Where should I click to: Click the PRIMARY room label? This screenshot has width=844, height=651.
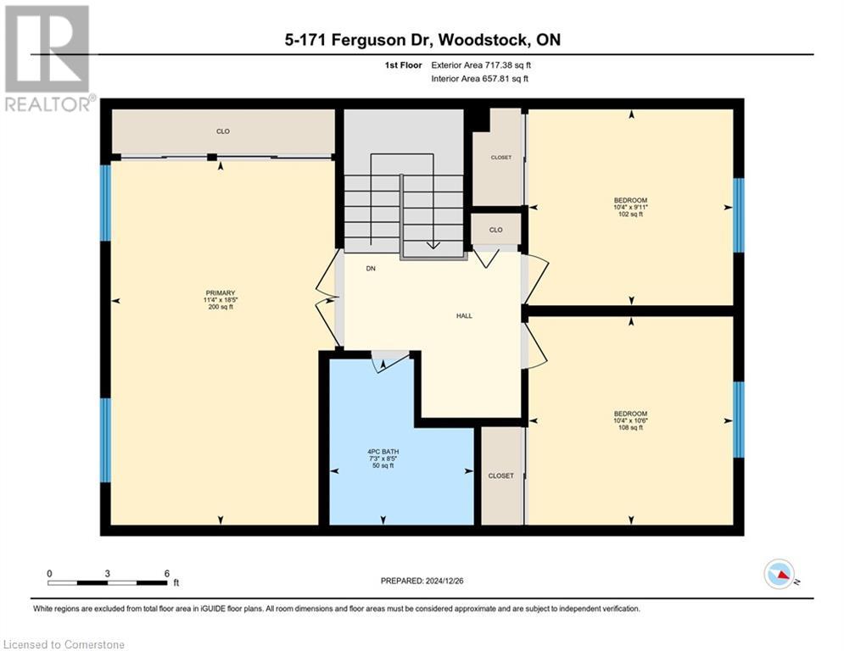219,299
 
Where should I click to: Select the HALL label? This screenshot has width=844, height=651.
464,315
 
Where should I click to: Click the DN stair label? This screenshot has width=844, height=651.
371,268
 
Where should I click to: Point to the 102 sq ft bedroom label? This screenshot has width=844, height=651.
631,207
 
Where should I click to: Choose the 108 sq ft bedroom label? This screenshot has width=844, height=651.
631,420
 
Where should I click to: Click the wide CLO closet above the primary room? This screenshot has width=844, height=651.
223,131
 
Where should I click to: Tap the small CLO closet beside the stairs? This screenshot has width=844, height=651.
495,230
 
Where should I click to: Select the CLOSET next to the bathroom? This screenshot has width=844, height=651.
500,476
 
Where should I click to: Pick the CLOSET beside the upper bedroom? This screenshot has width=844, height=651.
501,157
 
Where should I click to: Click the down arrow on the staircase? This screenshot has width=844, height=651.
433,242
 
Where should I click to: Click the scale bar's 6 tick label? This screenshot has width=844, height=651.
167,573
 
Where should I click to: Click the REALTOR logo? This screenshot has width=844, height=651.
48,58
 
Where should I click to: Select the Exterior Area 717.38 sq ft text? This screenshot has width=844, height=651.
480,64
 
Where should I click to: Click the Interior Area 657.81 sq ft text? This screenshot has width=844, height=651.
479,78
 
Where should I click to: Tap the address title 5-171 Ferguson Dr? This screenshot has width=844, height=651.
422,40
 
